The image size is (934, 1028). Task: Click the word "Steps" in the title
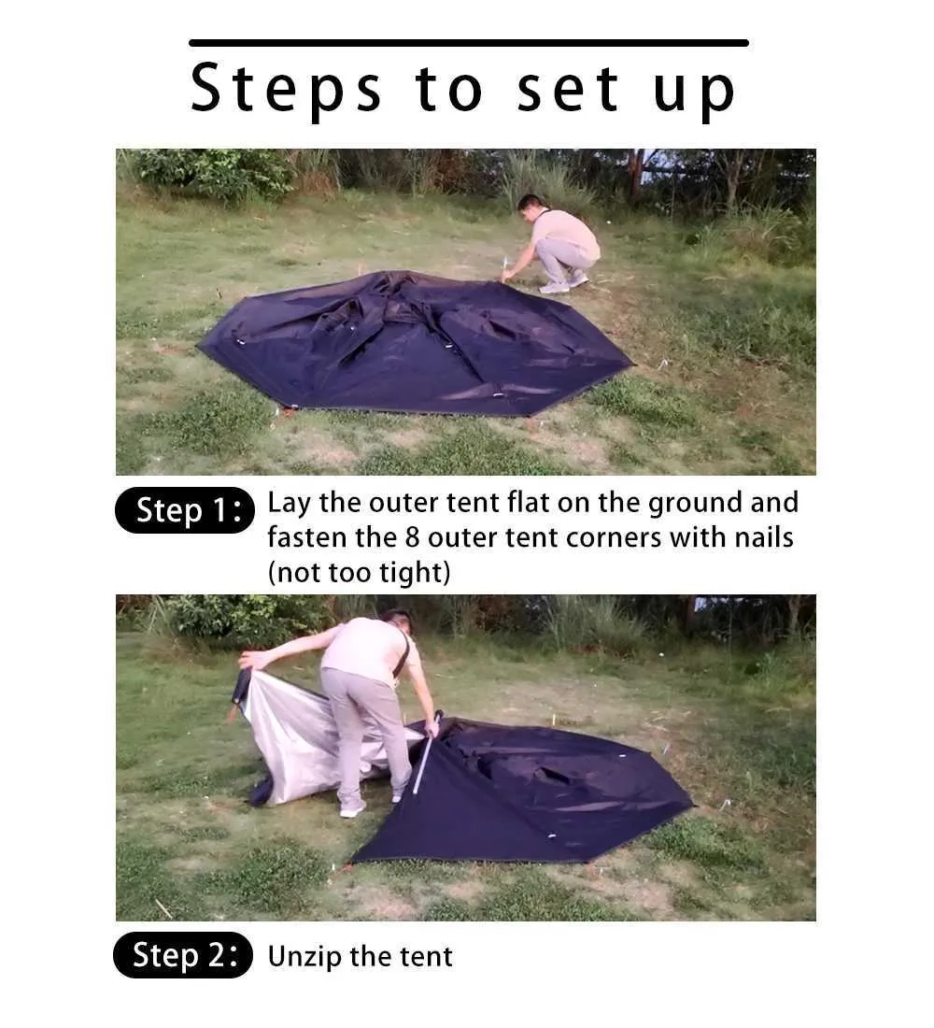pyautogui.click(x=286, y=89)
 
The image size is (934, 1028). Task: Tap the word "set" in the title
pyautogui.click(x=567, y=89)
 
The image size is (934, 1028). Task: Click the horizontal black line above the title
pyautogui.click(x=469, y=43)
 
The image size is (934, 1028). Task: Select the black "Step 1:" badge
pyautogui.click(x=185, y=510)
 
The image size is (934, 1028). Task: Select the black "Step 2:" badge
pyautogui.click(x=183, y=954)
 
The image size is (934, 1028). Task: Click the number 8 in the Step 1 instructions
pyautogui.click(x=412, y=537)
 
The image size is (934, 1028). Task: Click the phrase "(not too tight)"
pyautogui.click(x=360, y=572)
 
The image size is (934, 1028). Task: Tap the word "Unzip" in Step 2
pyautogui.click(x=305, y=957)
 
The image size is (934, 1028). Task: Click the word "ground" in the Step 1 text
pyautogui.click(x=696, y=504)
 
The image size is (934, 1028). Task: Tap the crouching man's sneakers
pyautogui.click(x=564, y=283)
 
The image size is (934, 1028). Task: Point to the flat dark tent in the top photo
pyautogui.click(x=415, y=344)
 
